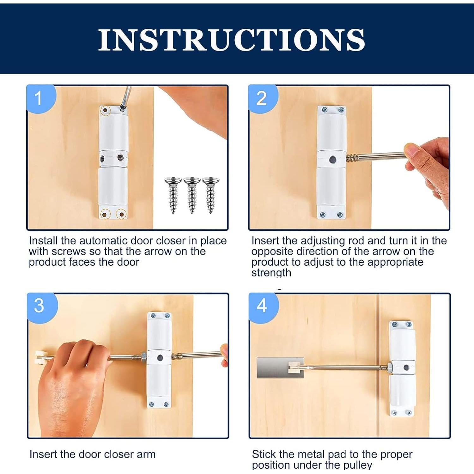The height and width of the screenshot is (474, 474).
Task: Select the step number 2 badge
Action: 262,98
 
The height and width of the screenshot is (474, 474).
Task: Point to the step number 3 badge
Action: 39,306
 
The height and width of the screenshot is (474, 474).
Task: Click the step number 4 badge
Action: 262,306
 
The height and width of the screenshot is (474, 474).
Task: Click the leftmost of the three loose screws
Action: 173,194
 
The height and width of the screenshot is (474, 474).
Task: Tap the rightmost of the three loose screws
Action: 210,194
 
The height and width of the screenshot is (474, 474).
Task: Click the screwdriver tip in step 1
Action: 123,108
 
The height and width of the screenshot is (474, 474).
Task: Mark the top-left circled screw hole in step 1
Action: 105,111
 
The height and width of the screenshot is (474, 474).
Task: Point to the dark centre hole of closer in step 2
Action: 332,160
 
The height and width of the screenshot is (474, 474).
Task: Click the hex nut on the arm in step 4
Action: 390,367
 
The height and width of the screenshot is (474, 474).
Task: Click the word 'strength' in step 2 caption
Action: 271,273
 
